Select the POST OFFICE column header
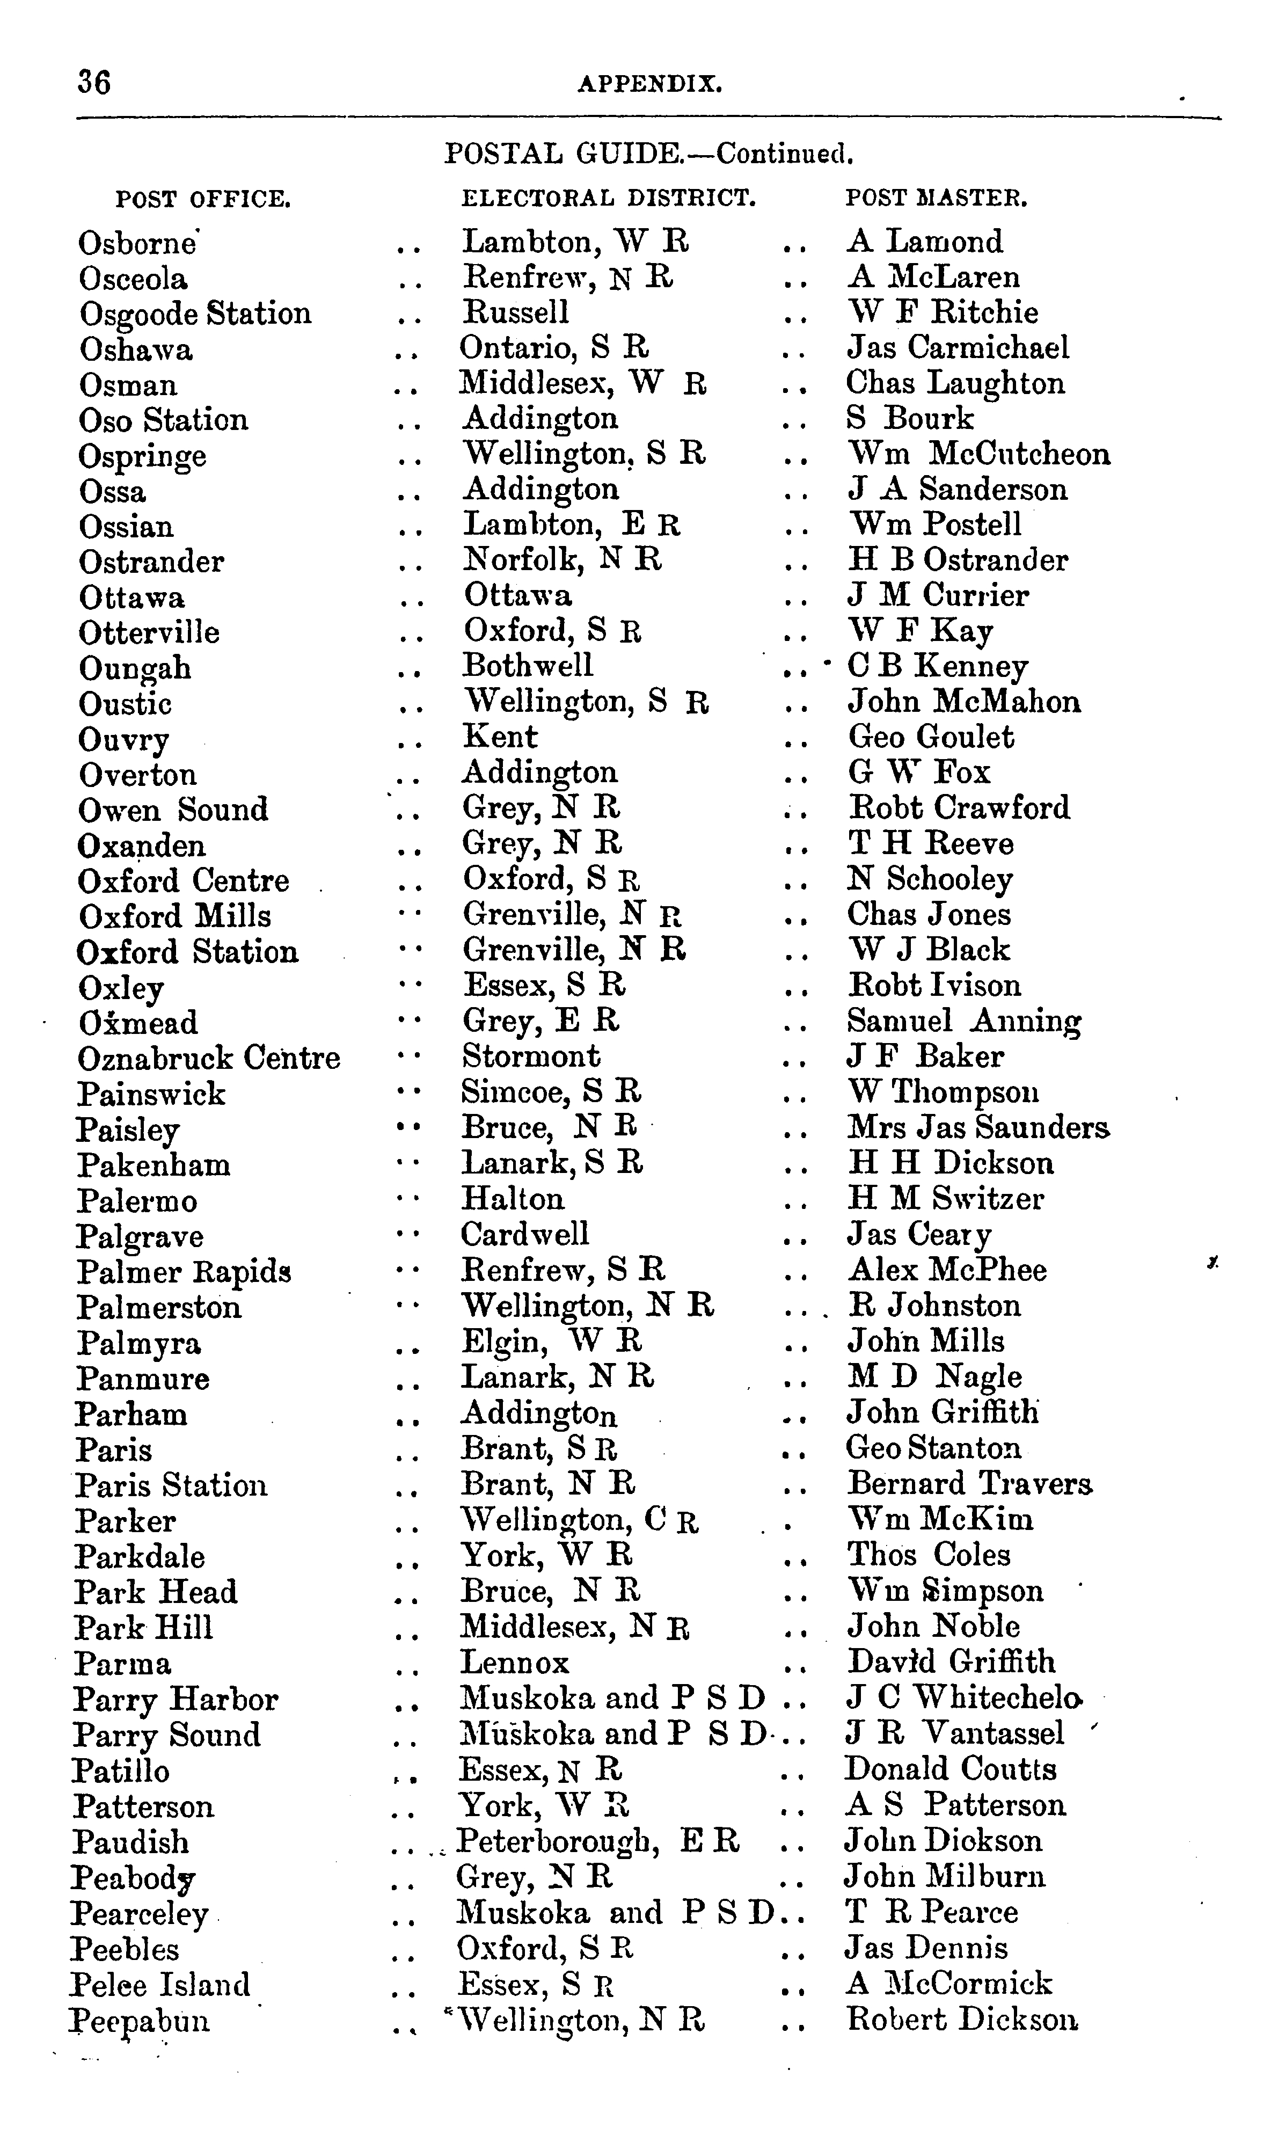pos(204,200)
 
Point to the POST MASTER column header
pos(936,199)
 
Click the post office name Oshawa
pos(136,349)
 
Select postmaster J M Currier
pos(938,595)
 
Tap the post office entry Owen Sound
pos(173,810)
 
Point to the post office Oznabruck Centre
pos(209,1059)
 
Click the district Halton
pos(513,1198)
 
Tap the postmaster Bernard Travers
pos(969,1483)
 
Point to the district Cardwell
pos(525,1234)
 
